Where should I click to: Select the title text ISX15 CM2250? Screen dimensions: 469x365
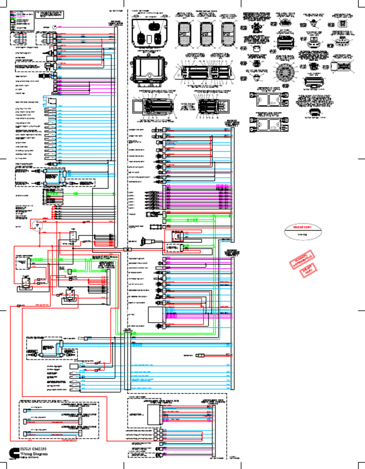tap(35, 448)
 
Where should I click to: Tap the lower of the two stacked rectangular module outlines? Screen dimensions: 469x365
tap(269, 124)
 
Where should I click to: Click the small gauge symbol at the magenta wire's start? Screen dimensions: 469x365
tap(55, 28)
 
